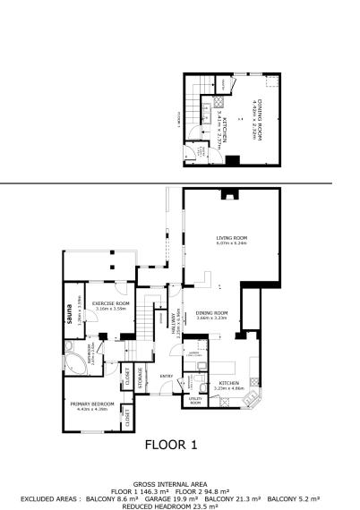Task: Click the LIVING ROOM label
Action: pos(230,237)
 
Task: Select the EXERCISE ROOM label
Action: pos(112,304)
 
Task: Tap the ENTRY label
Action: pos(166,376)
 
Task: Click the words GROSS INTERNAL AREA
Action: pos(179,481)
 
